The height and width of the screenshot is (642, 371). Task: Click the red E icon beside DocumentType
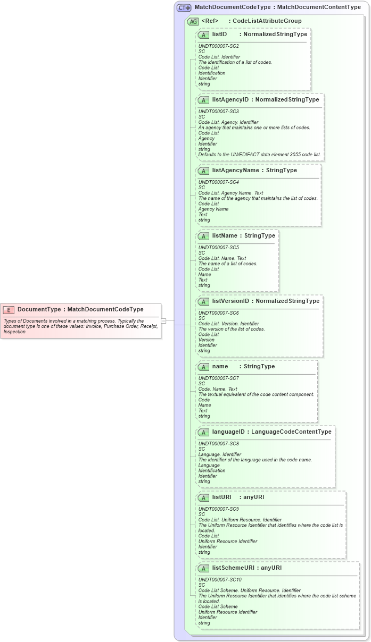(x=9, y=309)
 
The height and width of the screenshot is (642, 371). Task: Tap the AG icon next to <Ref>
(x=193, y=21)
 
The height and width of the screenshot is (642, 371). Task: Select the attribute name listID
(x=219, y=34)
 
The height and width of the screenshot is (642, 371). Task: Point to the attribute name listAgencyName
(x=235, y=171)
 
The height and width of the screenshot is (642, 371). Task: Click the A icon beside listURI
(x=203, y=497)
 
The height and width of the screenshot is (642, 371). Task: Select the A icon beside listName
(x=203, y=236)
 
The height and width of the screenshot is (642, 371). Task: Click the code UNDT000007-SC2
(x=218, y=46)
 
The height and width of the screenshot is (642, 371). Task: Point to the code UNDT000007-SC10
(x=220, y=580)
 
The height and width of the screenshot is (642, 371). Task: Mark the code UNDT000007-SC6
(x=218, y=313)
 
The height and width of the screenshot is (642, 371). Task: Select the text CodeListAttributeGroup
(x=267, y=21)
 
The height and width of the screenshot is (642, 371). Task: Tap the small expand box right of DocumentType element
(x=164, y=320)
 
